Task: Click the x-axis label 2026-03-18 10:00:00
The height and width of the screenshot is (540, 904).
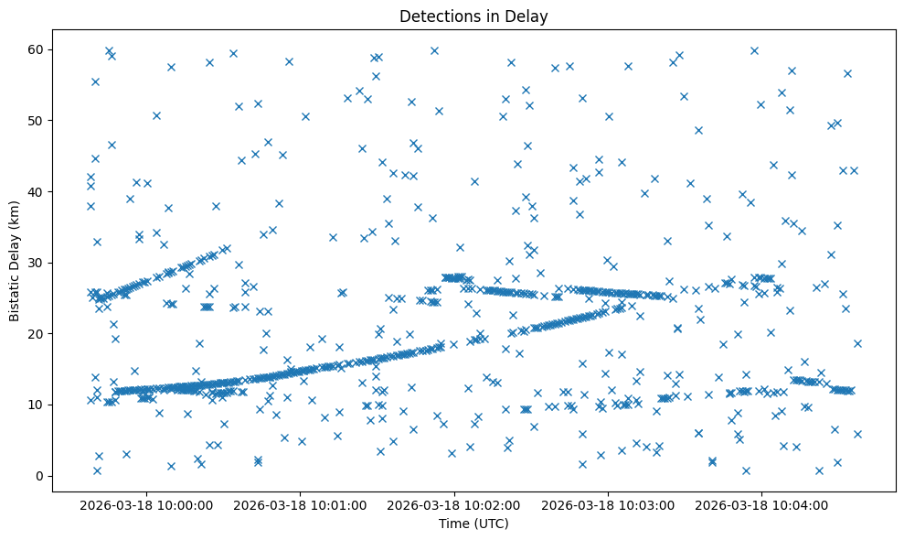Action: click(x=147, y=504)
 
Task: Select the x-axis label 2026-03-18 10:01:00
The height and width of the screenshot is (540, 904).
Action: click(x=301, y=504)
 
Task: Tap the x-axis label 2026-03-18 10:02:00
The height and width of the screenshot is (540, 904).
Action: click(x=454, y=504)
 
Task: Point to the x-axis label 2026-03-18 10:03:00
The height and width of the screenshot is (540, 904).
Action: click(x=609, y=504)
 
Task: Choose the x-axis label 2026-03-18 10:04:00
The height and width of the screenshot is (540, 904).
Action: click(x=762, y=504)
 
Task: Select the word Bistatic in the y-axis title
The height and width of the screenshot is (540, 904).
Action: click(x=15, y=293)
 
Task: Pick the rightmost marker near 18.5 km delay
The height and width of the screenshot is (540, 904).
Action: click(x=857, y=344)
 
